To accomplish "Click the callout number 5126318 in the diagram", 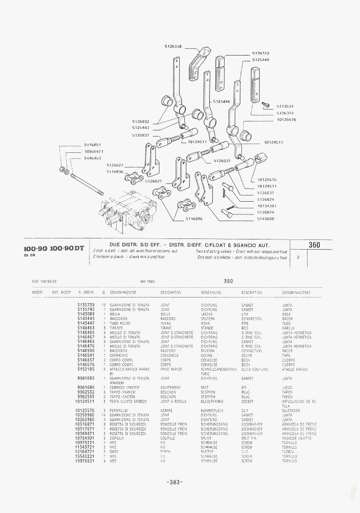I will click(x=173, y=46).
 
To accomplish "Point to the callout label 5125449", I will click(x=261, y=60).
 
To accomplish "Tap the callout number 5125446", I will click(x=221, y=101).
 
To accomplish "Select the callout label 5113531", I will click(x=285, y=106).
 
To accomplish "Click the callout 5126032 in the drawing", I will click(x=141, y=121).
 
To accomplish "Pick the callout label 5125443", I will click(x=141, y=127).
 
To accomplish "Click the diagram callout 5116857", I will click(x=93, y=145).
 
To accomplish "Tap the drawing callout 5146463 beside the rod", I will click(x=93, y=158).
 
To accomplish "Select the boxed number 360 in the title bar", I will click(x=314, y=245).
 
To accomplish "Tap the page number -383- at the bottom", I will click(x=174, y=482).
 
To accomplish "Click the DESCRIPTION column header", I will click(x=252, y=293).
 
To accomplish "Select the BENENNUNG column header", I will click(x=210, y=293).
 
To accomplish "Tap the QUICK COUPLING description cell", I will click(x=254, y=369).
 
